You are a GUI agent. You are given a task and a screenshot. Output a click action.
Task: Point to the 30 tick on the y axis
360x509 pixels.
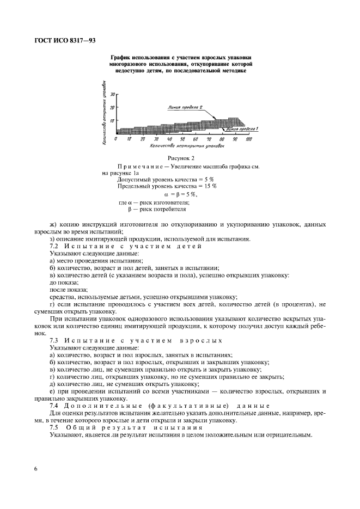pos(112,94)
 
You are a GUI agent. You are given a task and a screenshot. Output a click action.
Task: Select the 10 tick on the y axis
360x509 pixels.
pos(112,120)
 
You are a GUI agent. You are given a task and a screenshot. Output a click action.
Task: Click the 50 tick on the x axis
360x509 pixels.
pos(182,139)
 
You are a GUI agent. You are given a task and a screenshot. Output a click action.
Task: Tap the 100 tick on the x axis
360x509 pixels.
pos(248,139)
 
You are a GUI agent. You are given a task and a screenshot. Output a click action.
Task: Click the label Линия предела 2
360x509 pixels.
pos(186,107)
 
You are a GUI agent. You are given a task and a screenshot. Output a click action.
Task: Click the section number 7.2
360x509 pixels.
pos(54,247)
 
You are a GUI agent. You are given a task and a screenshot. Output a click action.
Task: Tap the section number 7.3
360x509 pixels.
pos(54,340)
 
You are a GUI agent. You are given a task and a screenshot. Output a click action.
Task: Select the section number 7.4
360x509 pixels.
pos(54,406)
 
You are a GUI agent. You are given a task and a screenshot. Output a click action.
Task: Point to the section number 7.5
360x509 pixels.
pos(54,427)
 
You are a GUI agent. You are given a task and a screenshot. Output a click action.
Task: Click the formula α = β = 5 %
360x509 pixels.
pos(181,194)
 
